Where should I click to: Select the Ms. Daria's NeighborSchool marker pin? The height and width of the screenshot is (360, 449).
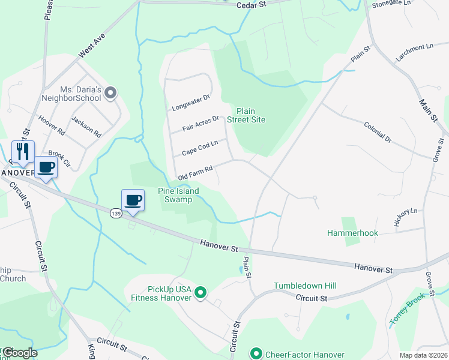(110, 92)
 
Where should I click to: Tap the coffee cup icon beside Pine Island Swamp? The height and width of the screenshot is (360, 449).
(133, 199)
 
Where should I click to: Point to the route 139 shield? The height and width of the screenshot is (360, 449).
(116, 213)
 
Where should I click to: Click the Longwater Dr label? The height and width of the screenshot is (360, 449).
(190, 103)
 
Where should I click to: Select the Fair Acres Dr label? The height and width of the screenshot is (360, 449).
(200, 124)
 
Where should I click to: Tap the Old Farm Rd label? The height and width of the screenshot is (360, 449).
(196, 173)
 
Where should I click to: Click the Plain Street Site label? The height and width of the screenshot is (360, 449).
(250, 115)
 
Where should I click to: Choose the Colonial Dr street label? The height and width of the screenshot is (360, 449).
(377, 131)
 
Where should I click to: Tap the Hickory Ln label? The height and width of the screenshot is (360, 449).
(405, 217)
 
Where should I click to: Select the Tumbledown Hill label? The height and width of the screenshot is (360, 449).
(304, 286)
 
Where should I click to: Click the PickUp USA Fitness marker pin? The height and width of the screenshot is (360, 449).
(201, 293)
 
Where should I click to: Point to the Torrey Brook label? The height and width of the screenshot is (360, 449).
(408, 311)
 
